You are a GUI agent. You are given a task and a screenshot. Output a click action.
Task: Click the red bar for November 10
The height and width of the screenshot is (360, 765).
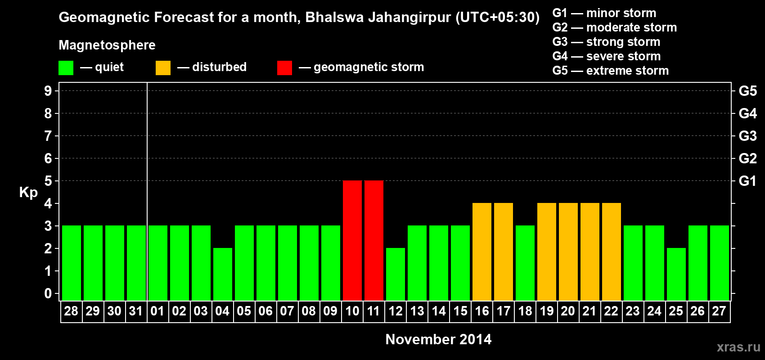pyautogui.click(x=352, y=240)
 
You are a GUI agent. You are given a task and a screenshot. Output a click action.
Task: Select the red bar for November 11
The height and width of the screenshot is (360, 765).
pyautogui.click(x=374, y=240)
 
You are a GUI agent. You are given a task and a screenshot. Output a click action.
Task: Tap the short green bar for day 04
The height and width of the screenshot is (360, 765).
pyautogui.click(x=223, y=274)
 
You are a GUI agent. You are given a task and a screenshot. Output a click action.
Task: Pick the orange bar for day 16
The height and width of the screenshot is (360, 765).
pyautogui.click(x=482, y=252)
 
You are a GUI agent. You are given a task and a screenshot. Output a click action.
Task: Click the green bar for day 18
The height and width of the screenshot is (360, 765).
pyautogui.click(x=525, y=263)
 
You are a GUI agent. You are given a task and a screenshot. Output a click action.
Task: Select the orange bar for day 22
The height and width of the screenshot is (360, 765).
pyautogui.click(x=612, y=252)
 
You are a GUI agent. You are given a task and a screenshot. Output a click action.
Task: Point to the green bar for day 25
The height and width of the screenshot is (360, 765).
pyautogui.click(x=676, y=274)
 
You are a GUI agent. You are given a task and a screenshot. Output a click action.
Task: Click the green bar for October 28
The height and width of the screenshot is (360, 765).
pyautogui.click(x=72, y=263)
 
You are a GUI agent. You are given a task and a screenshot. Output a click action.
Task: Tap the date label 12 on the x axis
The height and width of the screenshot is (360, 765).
pyautogui.click(x=396, y=311)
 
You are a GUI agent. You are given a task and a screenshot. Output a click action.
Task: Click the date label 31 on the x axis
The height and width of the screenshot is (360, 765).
pyautogui.click(x=136, y=311)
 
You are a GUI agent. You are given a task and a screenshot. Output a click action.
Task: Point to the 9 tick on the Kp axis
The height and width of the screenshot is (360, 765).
pyautogui.click(x=48, y=91)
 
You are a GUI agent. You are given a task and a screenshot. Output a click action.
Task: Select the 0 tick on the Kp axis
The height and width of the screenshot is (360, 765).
pyautogui.click(x=48, y=293)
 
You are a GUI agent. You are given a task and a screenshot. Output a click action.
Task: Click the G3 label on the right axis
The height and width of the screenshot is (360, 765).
pyautogui.click(x=747, y=136)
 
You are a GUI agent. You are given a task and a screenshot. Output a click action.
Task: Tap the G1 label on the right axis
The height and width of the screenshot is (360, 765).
pyautogui.click(x=747, y=181)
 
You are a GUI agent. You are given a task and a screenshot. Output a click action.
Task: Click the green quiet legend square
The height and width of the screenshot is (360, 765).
pyautogui.click(x=66, y=68)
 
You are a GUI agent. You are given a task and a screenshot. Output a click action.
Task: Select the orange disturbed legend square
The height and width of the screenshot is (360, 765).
pyautogui.click(x=163, y=68)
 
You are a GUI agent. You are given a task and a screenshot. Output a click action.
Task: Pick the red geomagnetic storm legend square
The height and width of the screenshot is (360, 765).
pyautogui.click(x=284, y=68)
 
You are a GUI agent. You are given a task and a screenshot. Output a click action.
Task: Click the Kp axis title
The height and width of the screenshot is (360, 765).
pyautogui.click(x=28, y=192)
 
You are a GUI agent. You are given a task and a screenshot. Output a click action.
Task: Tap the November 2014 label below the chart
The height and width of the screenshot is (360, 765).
pyautogui.click(x=438, y=339)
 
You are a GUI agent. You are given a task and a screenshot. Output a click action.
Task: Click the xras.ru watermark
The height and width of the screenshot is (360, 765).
pyautogui.click(x=738, y=347)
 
